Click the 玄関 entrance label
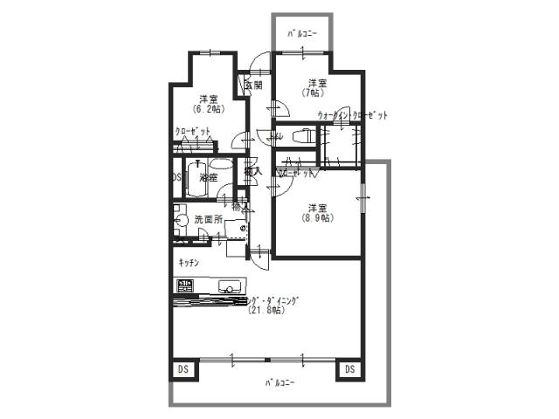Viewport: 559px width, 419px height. tap(253, 85)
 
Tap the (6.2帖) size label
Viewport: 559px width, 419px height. tap(207, 109)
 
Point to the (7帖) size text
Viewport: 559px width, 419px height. tap(313, 93)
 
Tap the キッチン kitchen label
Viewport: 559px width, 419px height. tap(189, 263)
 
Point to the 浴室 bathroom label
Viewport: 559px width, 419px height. tap(208, 177)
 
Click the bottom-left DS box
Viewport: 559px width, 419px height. tap(183, 370)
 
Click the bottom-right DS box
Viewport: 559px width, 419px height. tap(349, 370)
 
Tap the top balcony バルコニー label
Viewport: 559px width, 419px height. tap(302, 33)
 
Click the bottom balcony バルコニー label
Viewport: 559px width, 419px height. tap(279, 383)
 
